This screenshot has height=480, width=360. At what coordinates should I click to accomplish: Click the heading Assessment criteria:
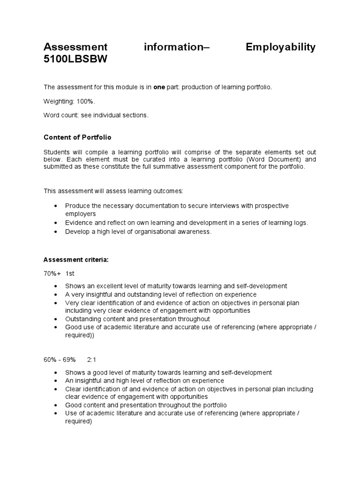click(76, 260)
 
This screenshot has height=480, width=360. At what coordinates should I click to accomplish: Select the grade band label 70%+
click(52, 273)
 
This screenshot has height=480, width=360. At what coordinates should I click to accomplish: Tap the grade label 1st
click(70, 273)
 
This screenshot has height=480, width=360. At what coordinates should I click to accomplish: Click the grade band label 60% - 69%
click(60, 360)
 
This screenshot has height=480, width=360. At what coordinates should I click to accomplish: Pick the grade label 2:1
click(91, 360)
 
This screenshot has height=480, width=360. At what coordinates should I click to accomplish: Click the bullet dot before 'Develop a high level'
click(56, 232)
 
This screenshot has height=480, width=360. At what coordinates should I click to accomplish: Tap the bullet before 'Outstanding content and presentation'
click(56, 319)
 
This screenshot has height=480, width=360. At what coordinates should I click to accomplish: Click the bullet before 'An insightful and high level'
click(56, 381)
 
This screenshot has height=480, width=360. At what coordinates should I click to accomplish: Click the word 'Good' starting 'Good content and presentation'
click(73, 405)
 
